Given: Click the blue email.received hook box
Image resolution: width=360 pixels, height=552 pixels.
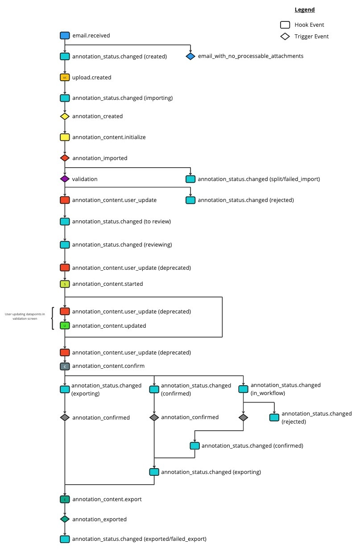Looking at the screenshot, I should pyautogui.click(x=65, y=36).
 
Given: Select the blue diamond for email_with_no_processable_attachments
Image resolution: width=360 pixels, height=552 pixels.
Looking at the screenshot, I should pyautogui.click(x=190, y=57).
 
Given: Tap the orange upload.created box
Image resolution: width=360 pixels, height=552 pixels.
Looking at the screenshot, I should pyautogui.click(x=65, y=78).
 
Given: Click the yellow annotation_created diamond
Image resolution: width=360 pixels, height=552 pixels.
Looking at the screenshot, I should pyautogui.click(x=65, y=116).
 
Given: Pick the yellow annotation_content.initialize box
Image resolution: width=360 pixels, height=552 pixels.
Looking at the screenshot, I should pyautogui.click(x=65, y=137).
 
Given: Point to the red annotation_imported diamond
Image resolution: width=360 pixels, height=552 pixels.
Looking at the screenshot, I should pyautogui.click(x=65, y=158).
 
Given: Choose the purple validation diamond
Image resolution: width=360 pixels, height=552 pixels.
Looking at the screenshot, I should pyautogui.click(x=65, y=179).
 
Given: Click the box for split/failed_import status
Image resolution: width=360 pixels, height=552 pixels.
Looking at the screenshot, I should pyautogui.click(x=190, y=179).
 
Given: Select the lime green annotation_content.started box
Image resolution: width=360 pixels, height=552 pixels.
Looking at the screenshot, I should pyautogui.click(x=65, y=284).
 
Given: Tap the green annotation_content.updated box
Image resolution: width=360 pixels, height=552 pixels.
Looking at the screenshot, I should pyautogui.click(x=65, y=326).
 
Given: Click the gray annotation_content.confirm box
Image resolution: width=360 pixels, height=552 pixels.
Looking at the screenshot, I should pyautogui.click(x=65, y=367).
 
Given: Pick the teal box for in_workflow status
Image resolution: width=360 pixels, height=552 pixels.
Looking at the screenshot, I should pyautogui.click(x=243, y=389).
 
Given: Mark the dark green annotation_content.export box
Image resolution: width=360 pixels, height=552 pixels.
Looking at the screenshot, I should pyautogui.click(x=65, y=499).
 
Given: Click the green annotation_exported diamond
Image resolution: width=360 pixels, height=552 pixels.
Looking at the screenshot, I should pyautogui.click(x=65, y=519).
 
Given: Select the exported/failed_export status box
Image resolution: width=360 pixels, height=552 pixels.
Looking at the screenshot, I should pyautogui.click(x=65, y=539).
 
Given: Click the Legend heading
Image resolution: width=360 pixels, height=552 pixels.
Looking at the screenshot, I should pyautogui.click(x=304, y=10).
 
